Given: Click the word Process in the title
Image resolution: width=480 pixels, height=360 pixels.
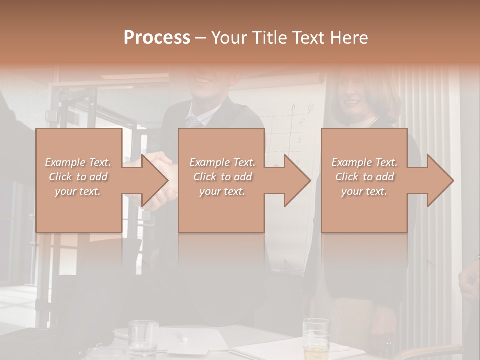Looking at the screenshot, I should tap(157, 37).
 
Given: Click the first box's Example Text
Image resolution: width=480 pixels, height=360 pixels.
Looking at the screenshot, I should tap(78, 162).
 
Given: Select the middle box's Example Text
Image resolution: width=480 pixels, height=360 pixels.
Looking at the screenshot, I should tap(222, 162).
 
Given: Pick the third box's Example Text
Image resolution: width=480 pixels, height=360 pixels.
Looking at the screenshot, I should tap(364, 162).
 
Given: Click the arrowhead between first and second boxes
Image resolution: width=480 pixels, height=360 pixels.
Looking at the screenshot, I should tap(155, 180).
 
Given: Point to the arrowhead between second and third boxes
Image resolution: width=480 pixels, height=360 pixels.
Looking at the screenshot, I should tap(297, 180).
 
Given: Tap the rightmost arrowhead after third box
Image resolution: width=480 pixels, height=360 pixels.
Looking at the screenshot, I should tap(440, 180).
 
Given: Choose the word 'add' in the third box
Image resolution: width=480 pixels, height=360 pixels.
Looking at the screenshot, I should tap(384, 177).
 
